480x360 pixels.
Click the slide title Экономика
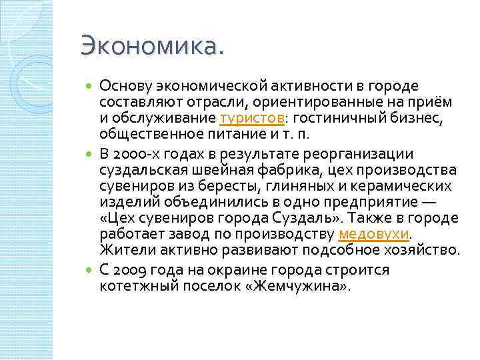(x=153, y=46)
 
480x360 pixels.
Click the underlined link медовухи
(x=373, y=235)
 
